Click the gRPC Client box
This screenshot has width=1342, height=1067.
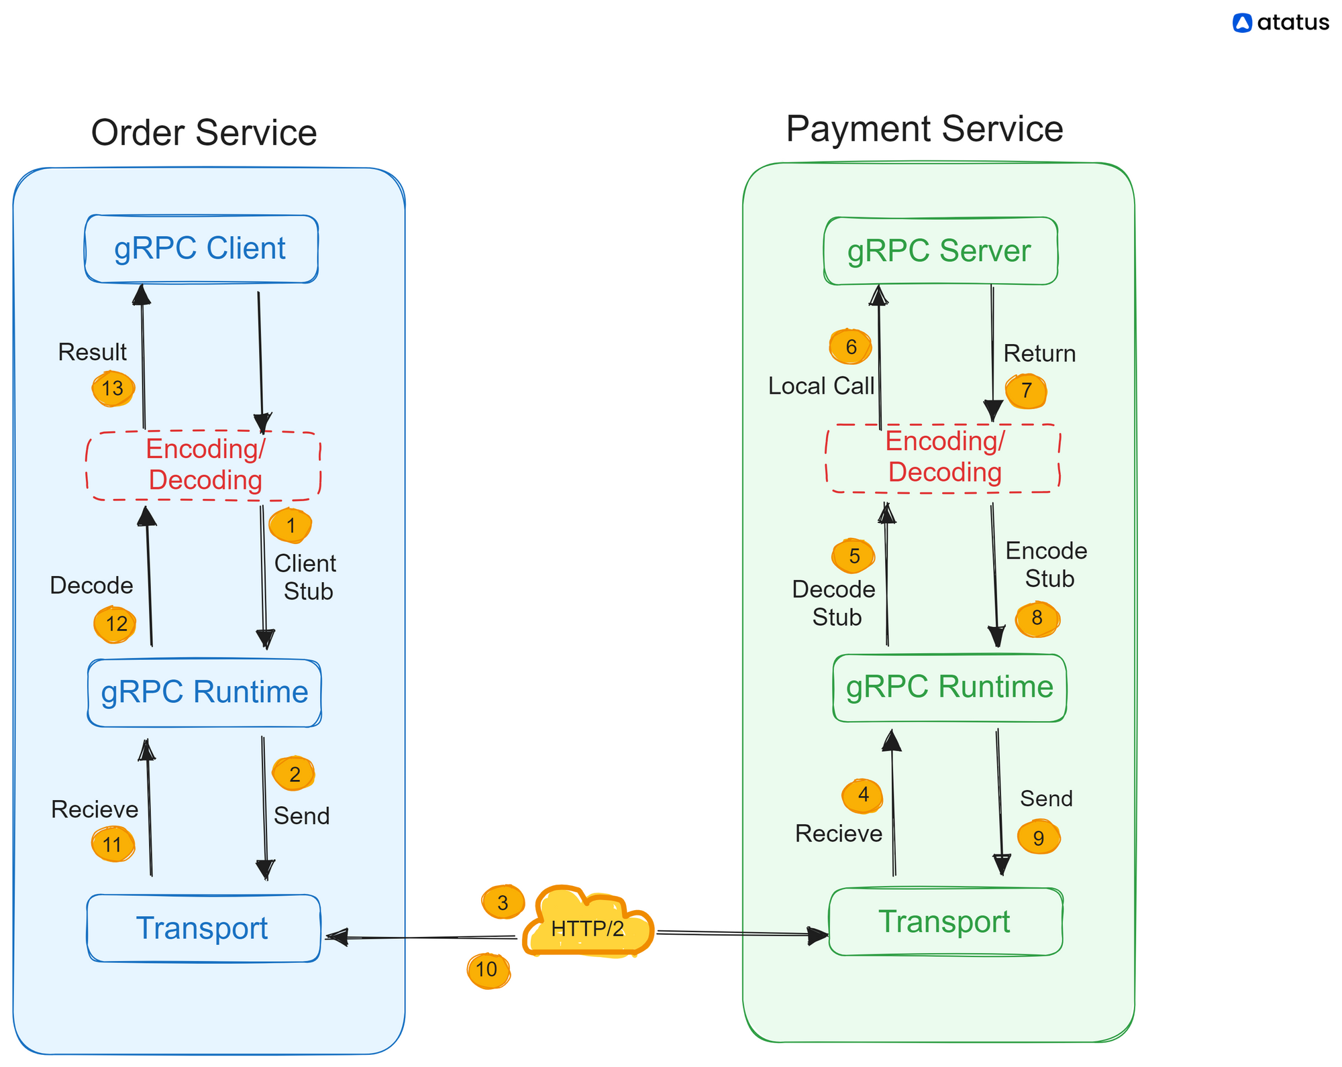point(201,249)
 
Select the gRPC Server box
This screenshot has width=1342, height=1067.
point(941,251)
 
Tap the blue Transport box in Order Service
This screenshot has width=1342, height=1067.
point(203,928)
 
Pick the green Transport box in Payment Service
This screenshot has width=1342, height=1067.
point(945,921)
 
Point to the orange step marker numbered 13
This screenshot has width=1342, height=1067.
point(113,388)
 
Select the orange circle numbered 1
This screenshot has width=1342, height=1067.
point(291,525)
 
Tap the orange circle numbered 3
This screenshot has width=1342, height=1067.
point(503,902)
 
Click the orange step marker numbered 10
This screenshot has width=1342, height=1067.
point(488,970)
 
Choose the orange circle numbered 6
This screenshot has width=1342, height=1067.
point(851,346)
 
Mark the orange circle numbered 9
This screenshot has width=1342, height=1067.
point(1039,837)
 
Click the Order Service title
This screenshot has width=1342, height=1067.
point(204,132)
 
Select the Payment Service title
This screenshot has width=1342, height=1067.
point(925,128)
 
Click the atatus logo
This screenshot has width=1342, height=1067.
point(1281,23)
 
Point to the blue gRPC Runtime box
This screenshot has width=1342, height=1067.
point(205,693)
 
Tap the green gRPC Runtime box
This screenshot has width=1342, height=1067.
point(949,687)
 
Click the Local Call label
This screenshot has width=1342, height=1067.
point(821,386)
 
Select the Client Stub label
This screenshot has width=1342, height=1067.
point(306,577)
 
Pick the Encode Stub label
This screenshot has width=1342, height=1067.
point(1047,565)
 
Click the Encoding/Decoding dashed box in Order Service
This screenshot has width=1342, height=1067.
point(203,465)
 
